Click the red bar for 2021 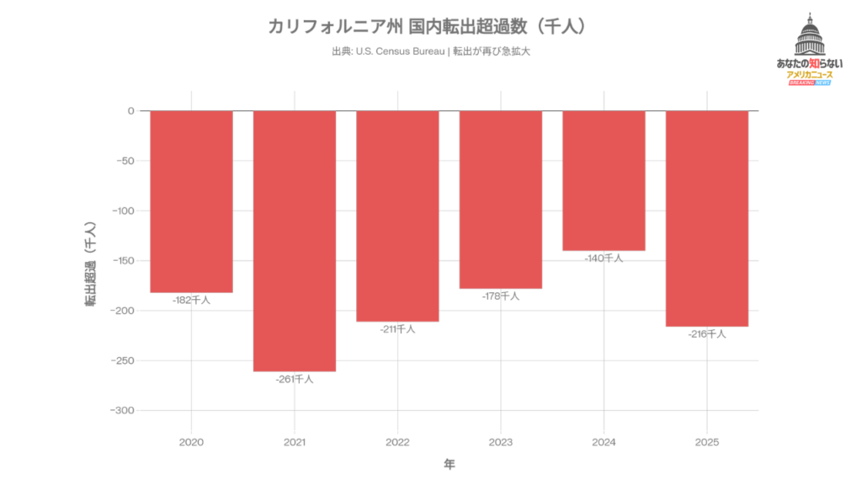[x=295, y=241]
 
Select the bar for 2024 [x=604, y=180]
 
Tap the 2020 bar [x=191, y=201]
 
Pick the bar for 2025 [x=707, y=218]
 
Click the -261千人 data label [x=295, y=380]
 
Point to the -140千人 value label [x=604, y=258]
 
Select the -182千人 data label [x=191, y=300]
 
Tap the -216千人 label [x=707, y=334]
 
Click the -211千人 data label [x=397, y=329]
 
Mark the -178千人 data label [x=501, y=296]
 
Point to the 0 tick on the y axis [x=131, y=111]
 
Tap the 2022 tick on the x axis [x=397, y=442]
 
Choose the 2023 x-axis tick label [x=501, y=442]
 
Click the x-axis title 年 [x=450, y=464]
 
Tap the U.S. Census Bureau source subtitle [x=431, y=51]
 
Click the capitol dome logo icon [x=809, y=36]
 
